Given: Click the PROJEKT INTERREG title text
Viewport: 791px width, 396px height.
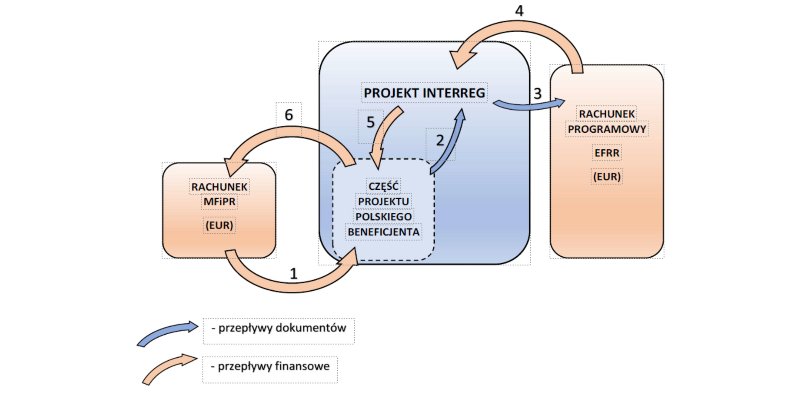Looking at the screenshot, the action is click(x=424, y=93).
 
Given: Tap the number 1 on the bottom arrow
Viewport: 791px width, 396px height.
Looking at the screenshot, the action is click(x=294, y=273).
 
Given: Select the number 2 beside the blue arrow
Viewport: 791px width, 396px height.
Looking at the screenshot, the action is click(x=440, y=140).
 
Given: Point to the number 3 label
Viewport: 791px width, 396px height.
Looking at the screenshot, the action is click(x=538, y=93).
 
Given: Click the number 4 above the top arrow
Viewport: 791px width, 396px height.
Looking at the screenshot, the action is click(x=519, y=10).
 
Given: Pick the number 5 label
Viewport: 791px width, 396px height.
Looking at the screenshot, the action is click(x=370, y=122).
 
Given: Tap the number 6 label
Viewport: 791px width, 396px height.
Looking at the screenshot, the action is click(x=289, y=115).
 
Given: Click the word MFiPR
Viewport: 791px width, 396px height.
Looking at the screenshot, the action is click(x=219, y=201).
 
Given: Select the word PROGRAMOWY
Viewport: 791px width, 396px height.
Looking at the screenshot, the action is click(x=607, y=129).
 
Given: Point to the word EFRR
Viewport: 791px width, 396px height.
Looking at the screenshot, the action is click(x=607, y=153).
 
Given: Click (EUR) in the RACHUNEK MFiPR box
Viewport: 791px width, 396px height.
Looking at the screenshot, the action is click(x=219, y=225).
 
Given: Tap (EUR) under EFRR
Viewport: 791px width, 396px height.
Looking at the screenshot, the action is click(x=607, y=177).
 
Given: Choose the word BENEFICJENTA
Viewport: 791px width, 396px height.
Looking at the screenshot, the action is click(x=383, y=232).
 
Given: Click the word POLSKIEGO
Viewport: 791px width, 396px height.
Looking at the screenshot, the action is click(x=383, y=217).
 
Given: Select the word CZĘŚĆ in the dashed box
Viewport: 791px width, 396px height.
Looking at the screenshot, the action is click(x=383, y=186).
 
